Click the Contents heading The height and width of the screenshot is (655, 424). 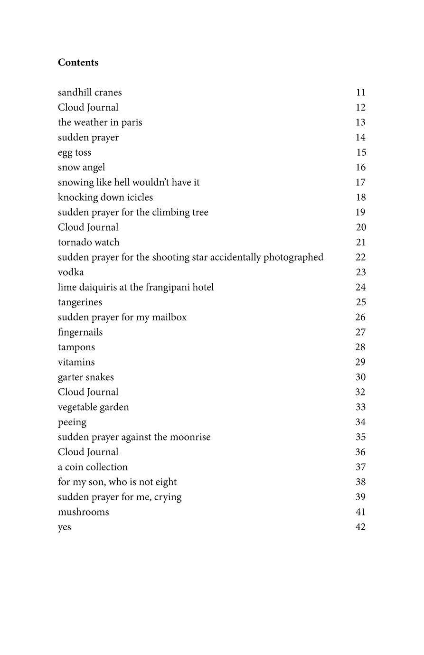78,63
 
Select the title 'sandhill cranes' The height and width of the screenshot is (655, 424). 90,93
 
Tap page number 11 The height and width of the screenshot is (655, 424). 361,93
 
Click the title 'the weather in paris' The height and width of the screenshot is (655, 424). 100,122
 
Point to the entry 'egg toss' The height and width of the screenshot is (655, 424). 75,152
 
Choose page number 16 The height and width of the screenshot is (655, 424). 361,168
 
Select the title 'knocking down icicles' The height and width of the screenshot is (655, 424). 105,197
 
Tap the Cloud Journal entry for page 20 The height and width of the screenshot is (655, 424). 88,227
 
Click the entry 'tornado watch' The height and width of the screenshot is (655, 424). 88,243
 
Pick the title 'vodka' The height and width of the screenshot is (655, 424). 71,272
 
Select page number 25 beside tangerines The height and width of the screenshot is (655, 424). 361,302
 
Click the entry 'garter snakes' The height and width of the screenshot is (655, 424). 86,377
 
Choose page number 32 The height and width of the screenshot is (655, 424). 361,392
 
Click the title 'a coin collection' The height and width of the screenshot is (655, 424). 93,467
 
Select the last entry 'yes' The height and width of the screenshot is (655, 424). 65,527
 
